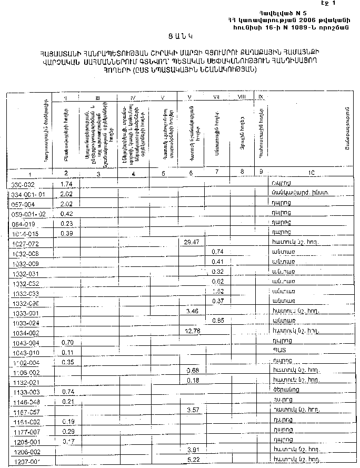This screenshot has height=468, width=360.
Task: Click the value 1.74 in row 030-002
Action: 66,184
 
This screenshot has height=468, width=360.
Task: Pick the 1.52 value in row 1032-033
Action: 218,291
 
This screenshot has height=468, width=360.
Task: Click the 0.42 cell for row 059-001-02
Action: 66,214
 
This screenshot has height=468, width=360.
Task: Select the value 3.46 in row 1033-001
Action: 192,312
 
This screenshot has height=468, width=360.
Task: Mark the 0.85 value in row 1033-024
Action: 218,321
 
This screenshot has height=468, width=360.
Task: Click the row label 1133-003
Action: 24,392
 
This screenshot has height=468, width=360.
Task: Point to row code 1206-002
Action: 24,452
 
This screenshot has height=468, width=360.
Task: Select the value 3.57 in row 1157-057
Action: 192,410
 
